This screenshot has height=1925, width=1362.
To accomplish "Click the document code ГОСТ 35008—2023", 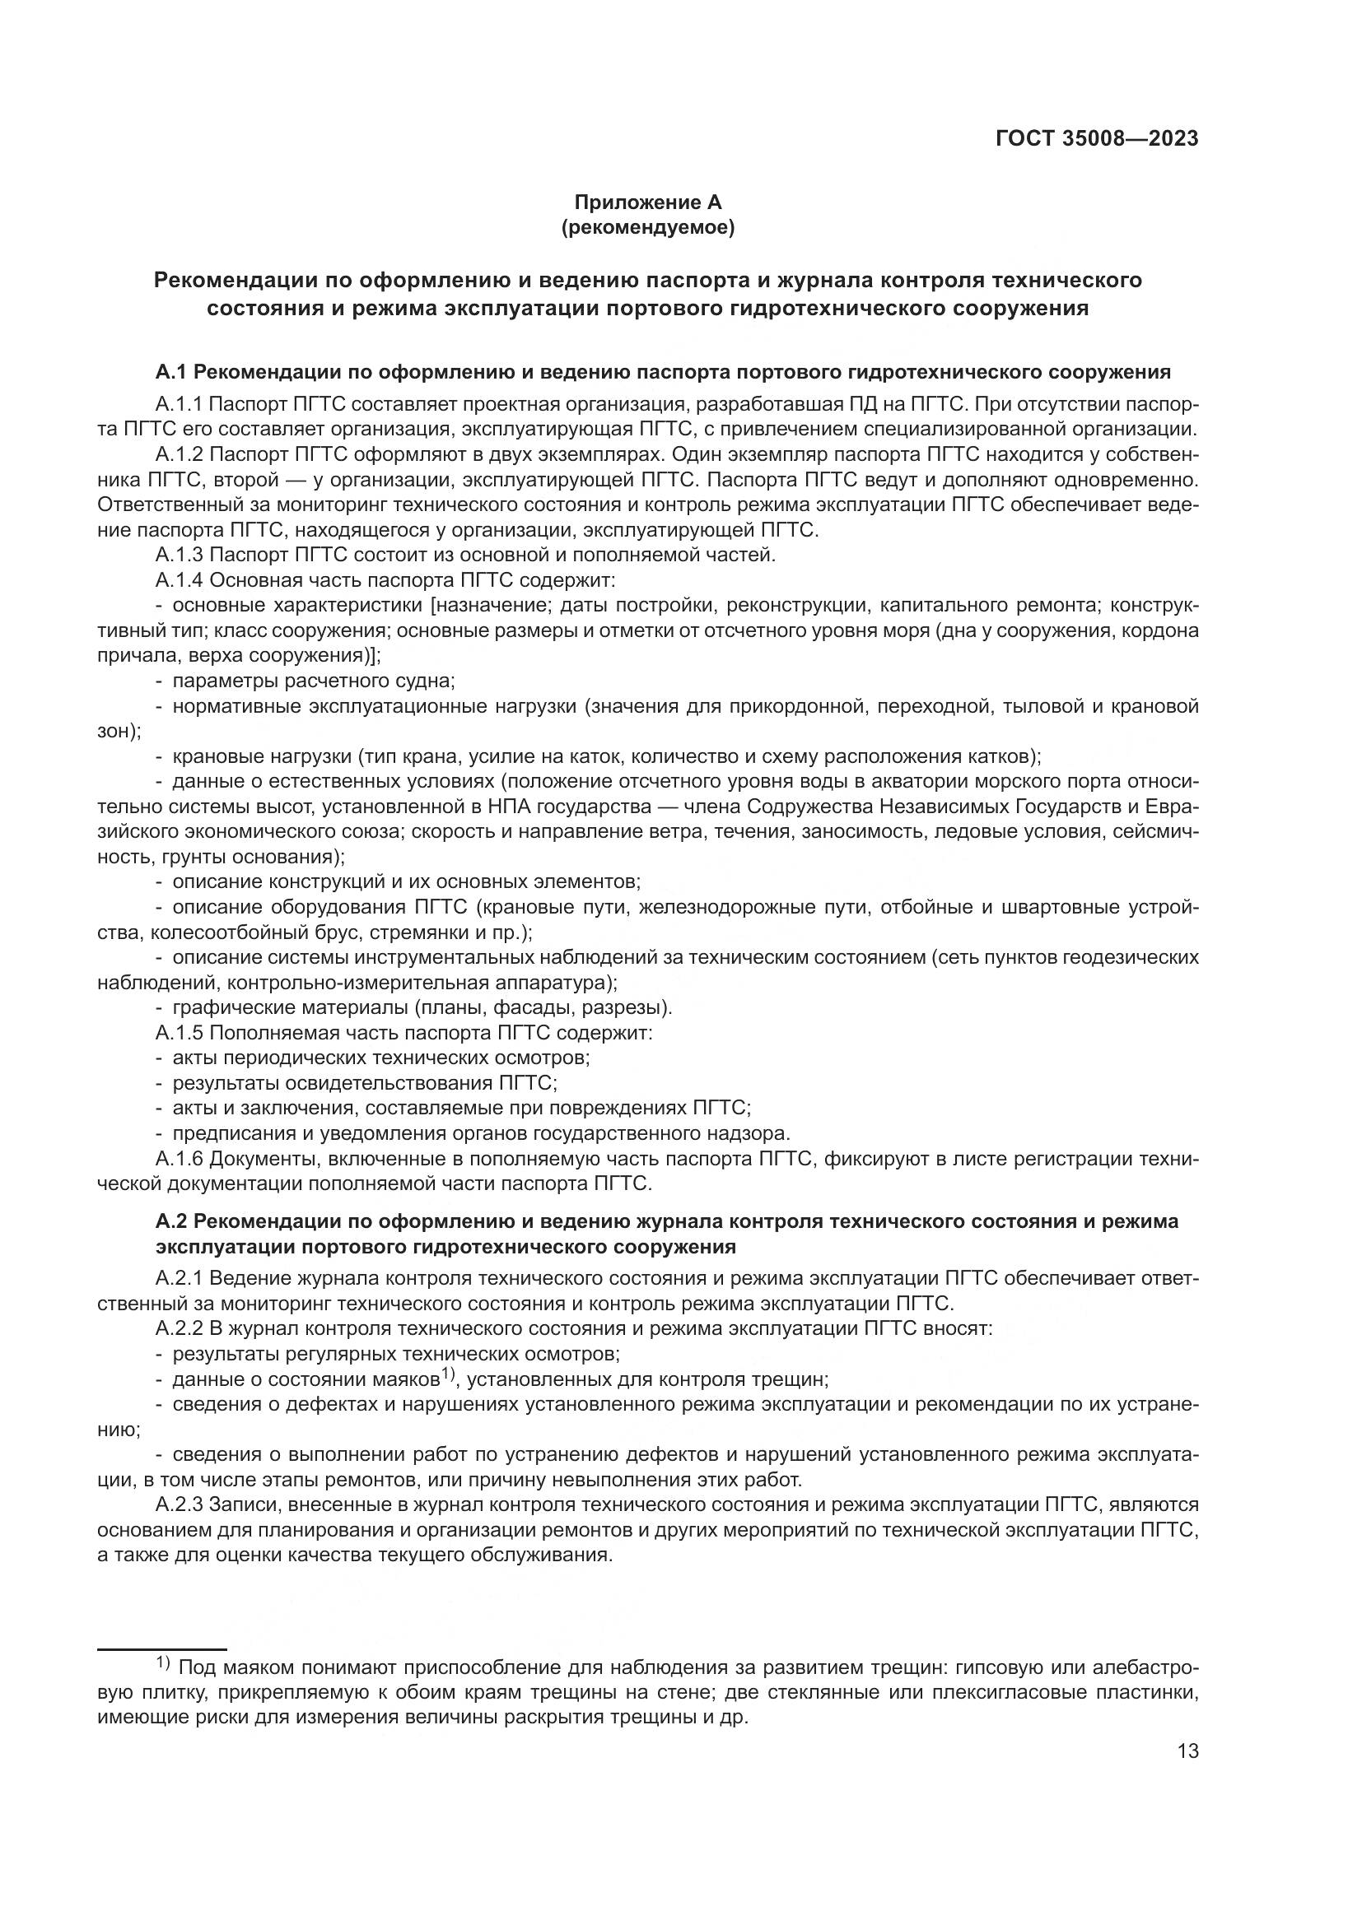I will pyautogui.click(x=1096, y=139).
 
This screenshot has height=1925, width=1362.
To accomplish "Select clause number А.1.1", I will pyautogui.click(x=179, y=405).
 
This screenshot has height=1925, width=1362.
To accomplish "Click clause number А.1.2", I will pyautogui.click(x=179, y=455).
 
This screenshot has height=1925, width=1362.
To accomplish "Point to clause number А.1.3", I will pyautogui.click(x=179, y=555).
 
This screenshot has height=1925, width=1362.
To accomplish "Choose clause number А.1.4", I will pyautogui.click(x=179, y=580).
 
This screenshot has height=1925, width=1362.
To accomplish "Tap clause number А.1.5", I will pyautogui.click(x=179, y=1032).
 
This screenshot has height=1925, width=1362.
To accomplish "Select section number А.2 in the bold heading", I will pyautogui.click(x=171, y=1221).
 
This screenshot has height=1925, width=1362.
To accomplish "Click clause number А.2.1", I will pyautogui.click(x=179, y=1279).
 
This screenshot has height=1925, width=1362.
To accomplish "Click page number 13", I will pyautogui.click(x=1187, y=1751).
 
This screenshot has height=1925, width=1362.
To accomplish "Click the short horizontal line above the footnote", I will pyautogui.click(x=162, y=1648).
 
